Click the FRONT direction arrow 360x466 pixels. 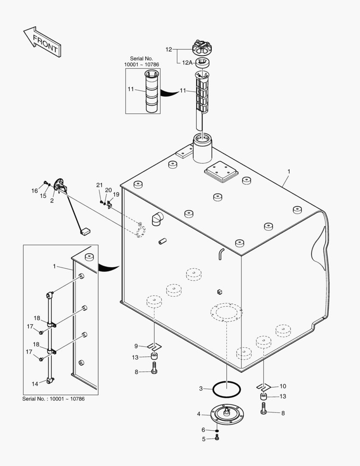point(41,42)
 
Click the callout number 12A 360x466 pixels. point(187,63)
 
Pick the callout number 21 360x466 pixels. point(100,185)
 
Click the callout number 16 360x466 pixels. point(34,190)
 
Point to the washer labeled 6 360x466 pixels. point(217,430)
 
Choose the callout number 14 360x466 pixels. point(35,383)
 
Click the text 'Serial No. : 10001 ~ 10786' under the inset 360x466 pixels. point(53,399)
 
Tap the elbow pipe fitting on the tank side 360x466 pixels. point(158,219)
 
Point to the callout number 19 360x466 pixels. point(116,194)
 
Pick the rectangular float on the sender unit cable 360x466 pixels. point(84,232)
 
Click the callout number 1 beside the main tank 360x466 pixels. point(289,171)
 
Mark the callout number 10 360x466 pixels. point(283,386)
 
